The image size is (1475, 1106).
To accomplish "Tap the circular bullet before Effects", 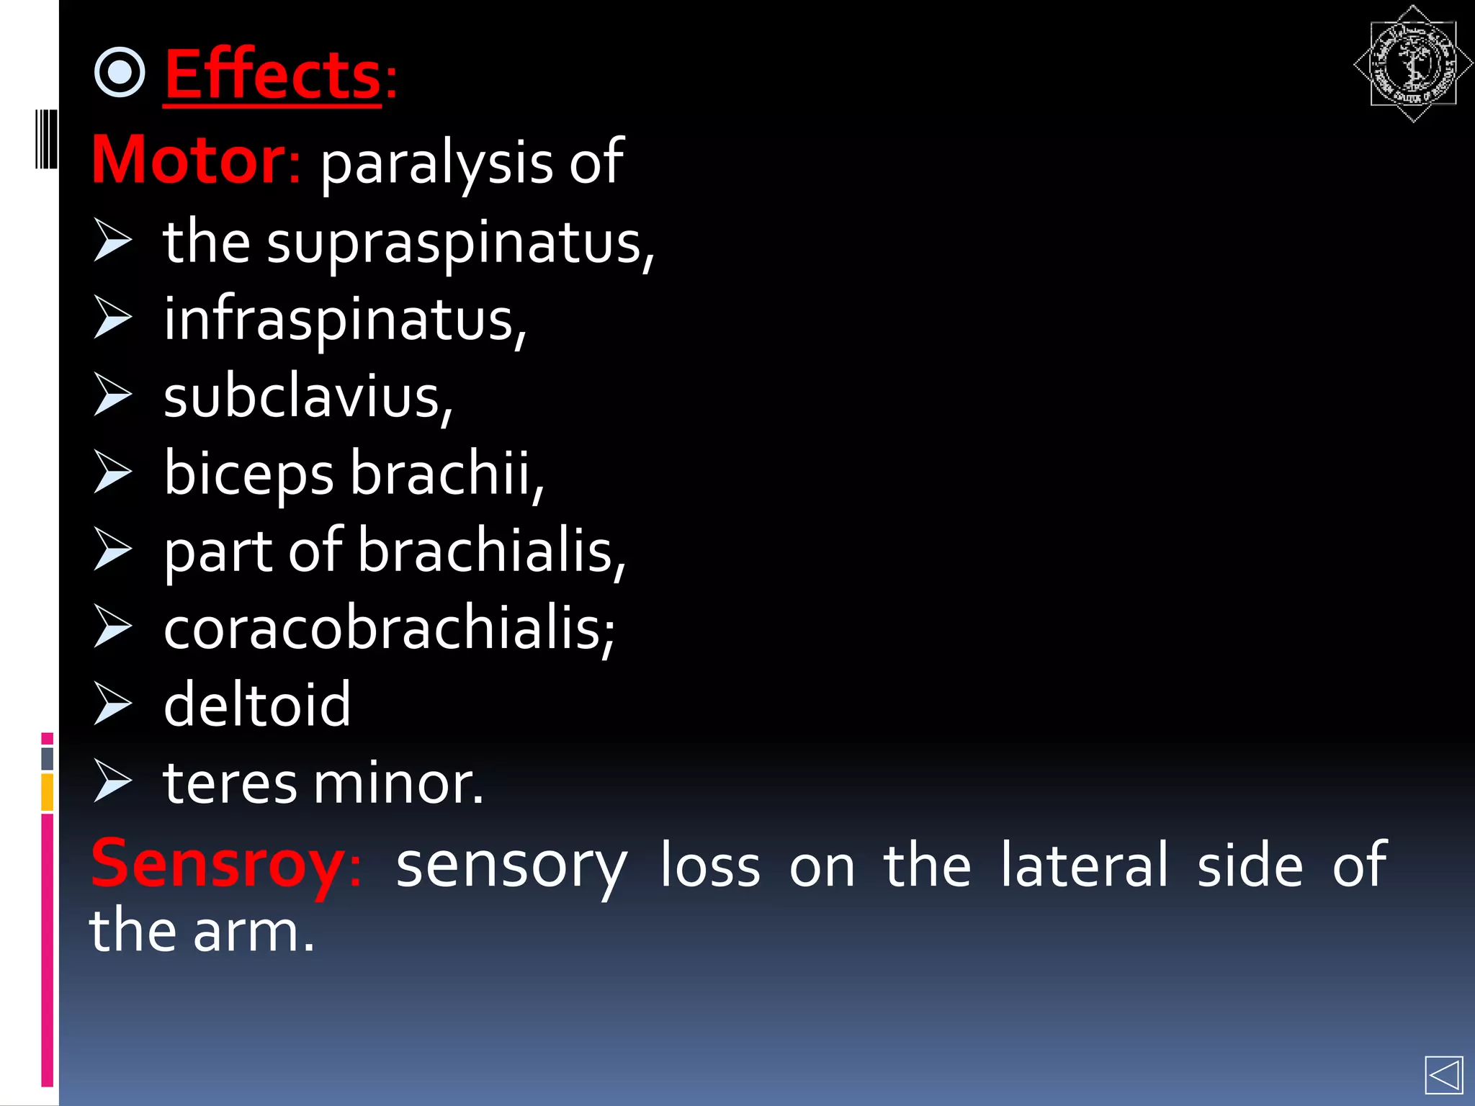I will coord(120,72).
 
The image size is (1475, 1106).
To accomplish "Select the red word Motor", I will coord(189,160).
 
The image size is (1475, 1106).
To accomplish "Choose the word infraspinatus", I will coord(344,320).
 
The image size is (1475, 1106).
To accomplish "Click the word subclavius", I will coord(307,397).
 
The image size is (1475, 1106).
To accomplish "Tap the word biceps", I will coord(248,475).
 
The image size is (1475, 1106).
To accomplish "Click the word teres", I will coord(230,783).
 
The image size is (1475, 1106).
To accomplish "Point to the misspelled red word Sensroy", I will coord(218,864).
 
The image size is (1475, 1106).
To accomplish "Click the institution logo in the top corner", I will coord(1412,64).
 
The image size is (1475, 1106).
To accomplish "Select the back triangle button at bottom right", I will coord(1443,1076).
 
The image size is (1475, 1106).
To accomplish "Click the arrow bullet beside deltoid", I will coord(113,703).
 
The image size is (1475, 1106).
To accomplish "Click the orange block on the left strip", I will coord(47,792).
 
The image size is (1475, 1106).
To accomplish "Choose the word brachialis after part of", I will coord(491,552).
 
